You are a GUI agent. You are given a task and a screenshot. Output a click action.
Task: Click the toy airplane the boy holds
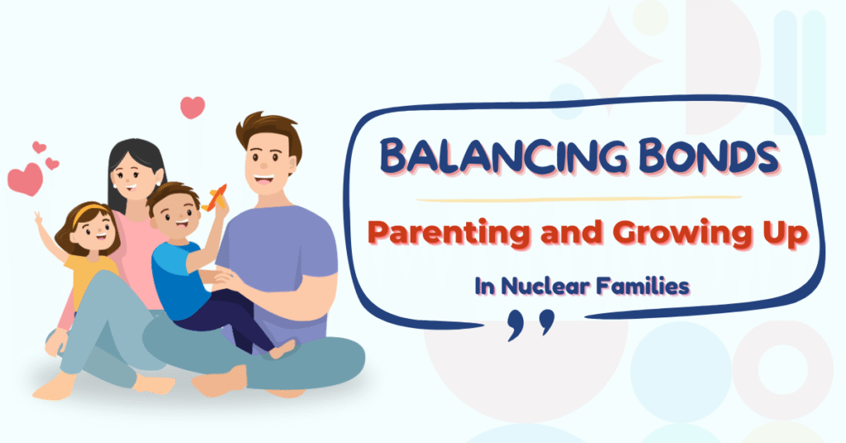(216, 197)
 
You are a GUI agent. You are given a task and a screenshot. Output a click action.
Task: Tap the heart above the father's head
(192, 107)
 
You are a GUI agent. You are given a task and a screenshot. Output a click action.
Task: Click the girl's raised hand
(37, 218)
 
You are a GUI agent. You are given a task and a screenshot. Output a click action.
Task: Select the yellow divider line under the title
(578, 199)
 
